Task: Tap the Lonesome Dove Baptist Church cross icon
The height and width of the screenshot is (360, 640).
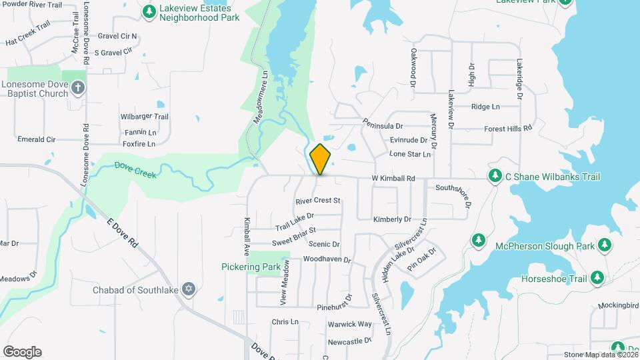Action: click(x=79, y=88)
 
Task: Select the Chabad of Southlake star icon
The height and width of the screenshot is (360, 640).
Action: click(x=189, y=288)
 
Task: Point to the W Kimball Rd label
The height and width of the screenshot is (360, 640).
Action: click(x=393, y=179)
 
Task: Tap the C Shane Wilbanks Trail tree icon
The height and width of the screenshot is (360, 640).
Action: click(x=495, y=176)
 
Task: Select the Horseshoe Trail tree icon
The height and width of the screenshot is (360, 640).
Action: click(x=597, y=278)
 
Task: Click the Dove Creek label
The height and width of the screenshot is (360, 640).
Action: click(x=135, y=169)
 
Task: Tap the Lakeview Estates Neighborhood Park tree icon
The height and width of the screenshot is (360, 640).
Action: click(x=149, y=11)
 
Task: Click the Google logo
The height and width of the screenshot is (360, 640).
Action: click(x=22, y=352)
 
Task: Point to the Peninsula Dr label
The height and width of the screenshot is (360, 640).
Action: click(x=383, y=125)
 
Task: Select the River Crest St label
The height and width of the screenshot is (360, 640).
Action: click(x=318, y=201)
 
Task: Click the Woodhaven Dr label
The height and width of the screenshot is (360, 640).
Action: click(x=327, y=259)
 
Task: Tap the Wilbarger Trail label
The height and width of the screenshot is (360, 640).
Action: click(x=145, y=117)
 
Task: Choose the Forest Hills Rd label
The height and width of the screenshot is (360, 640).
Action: click(x=508, y=128)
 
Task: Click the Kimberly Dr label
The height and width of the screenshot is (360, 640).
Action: click(x=392, y=219)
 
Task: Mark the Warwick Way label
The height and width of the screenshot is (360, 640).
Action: click(x=349, y=324)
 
